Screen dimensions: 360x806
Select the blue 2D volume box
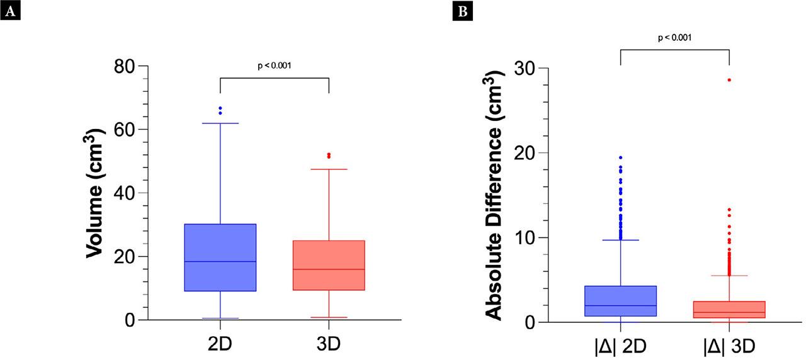(220, 257)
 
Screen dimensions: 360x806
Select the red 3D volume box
(329, 265)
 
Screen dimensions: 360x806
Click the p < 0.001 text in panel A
(275, 65)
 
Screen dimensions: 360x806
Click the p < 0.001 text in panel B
(674, 38)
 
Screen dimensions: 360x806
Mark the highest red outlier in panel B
(729, 80)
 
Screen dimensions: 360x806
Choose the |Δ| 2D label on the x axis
(621, 346)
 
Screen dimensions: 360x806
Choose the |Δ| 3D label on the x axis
(729, 346)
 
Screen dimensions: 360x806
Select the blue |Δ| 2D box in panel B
(621, 301)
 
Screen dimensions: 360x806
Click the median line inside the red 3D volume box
(329, 269)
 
